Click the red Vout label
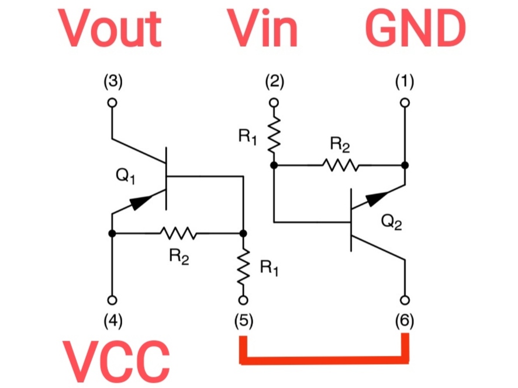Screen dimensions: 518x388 click(110, 28)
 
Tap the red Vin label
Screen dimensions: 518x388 click(263, 28)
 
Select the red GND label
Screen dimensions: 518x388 click(416, 29)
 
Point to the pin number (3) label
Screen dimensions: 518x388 click(113, 82)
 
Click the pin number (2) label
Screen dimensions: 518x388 click(275, 82)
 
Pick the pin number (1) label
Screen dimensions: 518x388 click(405, 82)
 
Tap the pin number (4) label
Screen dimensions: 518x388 click(113, 321)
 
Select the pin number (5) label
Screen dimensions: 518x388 click(244, 321)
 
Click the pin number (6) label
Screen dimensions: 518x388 click(405, 321)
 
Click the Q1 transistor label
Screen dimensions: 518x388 click(126, 176)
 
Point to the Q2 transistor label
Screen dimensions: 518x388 click(392, 222)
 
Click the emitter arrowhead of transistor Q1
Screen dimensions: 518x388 click(140, 202)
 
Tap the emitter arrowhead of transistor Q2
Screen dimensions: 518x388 click(377, 198)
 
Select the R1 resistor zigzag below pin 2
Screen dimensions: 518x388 click(274, 135)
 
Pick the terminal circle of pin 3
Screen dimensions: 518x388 click(112, 103)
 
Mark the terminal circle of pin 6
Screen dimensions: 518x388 click(405, 300)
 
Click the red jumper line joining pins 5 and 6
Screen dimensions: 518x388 click(324, 361)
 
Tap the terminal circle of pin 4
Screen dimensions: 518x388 click(112, 300)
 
